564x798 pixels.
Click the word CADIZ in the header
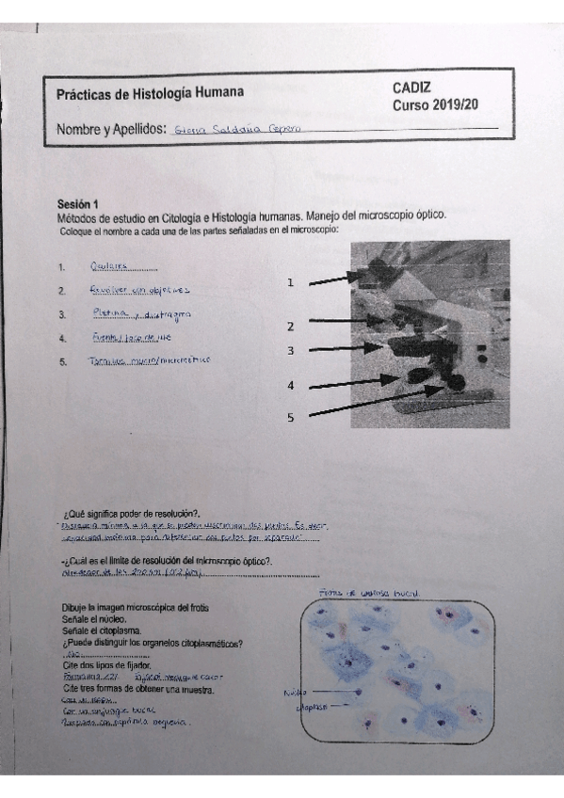[412, 88]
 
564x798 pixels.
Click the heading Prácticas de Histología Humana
[150, 93]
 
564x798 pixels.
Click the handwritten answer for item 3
[141, 313]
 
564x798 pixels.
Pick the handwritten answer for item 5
[148, 360]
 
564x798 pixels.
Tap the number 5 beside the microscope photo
[291, 418]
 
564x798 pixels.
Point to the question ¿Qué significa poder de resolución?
[137, 514]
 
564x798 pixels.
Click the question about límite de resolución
[169, 562]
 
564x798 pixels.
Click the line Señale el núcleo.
[100, 620]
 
